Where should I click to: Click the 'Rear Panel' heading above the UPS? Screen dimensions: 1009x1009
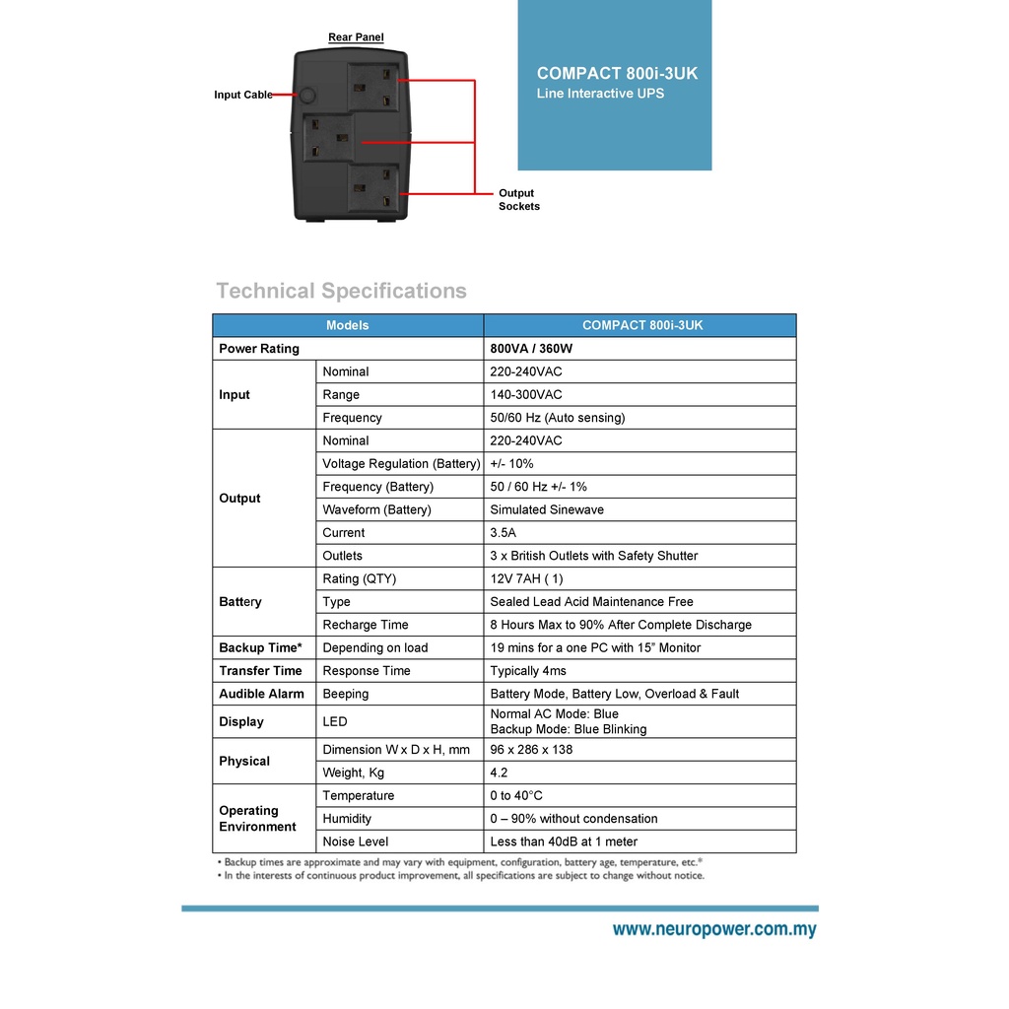coord(356,37)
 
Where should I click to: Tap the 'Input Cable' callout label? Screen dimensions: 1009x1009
coord(243,95)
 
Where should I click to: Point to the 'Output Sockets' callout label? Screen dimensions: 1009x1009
coord(518,200)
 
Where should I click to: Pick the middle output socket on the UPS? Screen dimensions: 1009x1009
coord(328,139)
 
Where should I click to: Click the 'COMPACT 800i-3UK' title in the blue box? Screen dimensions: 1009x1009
coord(617,74)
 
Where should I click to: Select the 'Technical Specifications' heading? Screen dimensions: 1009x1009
coord(341,291)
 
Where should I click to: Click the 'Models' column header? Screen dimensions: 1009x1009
coord(347,325)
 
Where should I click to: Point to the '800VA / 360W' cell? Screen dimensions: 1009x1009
coord(531,349)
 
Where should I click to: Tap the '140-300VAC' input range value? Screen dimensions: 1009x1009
coord(526,395)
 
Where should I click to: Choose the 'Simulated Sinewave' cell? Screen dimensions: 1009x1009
coord(547,510)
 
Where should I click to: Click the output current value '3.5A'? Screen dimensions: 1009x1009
coord(504,533)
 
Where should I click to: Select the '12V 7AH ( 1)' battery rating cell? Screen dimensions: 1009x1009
coord(527,579)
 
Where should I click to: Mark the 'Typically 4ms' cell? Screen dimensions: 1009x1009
coord(528,671)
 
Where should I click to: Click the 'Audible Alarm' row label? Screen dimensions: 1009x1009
coord(261,694)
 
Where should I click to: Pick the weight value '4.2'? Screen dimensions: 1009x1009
coord(499,774)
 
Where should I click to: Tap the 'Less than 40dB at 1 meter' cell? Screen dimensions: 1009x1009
coord(564,842)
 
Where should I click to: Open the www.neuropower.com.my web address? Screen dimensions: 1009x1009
coord(714,929)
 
